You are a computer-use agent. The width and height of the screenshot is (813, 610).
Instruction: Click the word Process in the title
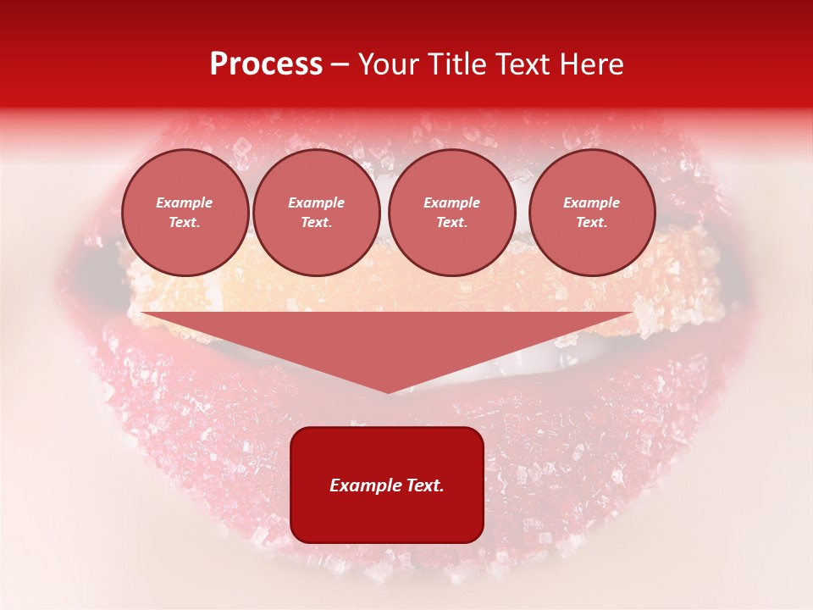point(266,64)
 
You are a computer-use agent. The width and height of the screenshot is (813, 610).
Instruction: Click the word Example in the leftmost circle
point(185,202)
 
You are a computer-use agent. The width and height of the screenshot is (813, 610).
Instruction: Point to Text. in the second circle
point(316,222)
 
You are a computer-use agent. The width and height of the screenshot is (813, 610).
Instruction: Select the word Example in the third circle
point(451,202)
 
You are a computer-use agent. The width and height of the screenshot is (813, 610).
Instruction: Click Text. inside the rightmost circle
point(591,222)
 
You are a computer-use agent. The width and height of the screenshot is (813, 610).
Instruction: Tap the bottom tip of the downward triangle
point(388,391)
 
